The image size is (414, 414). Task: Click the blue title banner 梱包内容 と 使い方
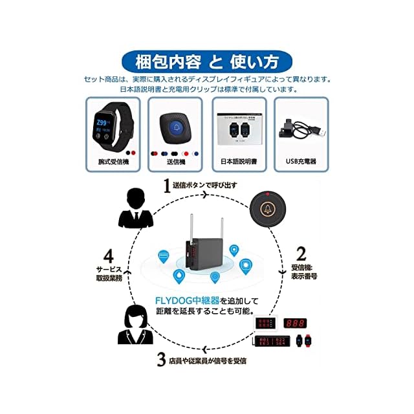click(207, 62)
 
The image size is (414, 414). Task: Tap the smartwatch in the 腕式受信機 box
click(111, 127)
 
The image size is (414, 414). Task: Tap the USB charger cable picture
click(301, 127)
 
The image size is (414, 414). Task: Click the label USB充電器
click(301, 162)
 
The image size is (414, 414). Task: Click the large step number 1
click(167, 186)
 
